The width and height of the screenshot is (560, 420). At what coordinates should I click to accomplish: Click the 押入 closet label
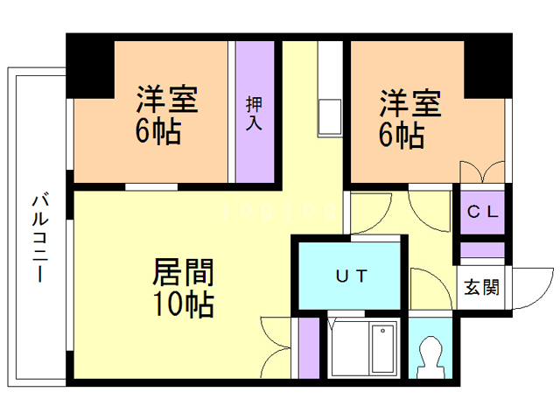coord(255,113)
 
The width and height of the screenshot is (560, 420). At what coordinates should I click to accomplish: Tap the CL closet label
coord(482,212)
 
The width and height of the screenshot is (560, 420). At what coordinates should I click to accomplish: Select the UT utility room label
coord(352,276)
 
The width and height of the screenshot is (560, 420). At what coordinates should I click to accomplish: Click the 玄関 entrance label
coord(481,287)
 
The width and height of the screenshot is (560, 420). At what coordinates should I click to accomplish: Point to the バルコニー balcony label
coord(40,237)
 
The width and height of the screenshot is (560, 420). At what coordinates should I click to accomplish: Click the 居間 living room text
coord(184,272)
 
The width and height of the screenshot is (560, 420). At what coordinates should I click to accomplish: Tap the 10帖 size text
coord(184,304)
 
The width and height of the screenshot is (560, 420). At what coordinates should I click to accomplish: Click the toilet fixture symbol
coord(430,357)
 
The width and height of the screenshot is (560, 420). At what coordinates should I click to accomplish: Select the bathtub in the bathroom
coord(383,348)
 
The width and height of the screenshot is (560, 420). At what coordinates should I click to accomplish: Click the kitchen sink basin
coord(330,116)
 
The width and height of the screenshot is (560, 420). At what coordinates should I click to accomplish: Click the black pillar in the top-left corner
coord(90,69)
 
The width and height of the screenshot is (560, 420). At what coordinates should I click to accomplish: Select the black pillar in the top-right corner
coord(488,69)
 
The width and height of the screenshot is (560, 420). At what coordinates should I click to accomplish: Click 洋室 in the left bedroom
coord(167,99)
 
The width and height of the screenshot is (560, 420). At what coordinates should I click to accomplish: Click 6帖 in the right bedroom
coord(402,136)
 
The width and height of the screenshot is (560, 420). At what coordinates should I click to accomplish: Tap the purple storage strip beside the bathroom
coord(309,347)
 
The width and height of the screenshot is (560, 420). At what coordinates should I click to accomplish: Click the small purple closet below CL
coord(482,249)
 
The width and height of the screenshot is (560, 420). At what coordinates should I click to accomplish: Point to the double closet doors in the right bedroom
coord(482,171)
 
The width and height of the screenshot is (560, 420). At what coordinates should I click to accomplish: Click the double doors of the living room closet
coord(276,347)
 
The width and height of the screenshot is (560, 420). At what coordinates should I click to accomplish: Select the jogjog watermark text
coord(279,211)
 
